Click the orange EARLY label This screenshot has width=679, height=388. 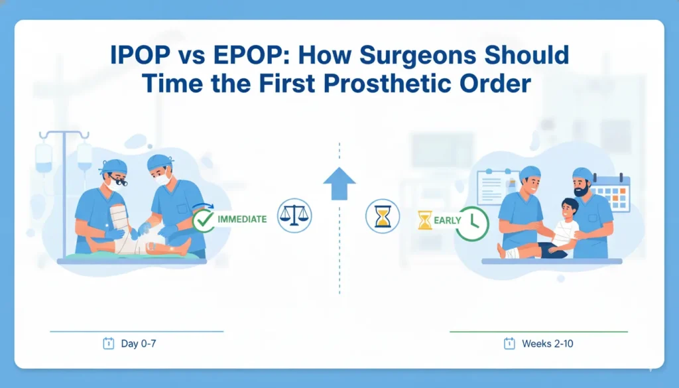[448, 220]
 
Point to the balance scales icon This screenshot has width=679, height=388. [294, 216]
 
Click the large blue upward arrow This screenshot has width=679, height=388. [339, 184]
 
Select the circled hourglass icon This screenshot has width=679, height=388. [383, 216]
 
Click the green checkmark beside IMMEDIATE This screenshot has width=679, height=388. [204, 220]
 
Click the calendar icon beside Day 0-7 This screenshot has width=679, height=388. [108, 344]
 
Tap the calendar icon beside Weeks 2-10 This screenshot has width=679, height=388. [509, 344]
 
